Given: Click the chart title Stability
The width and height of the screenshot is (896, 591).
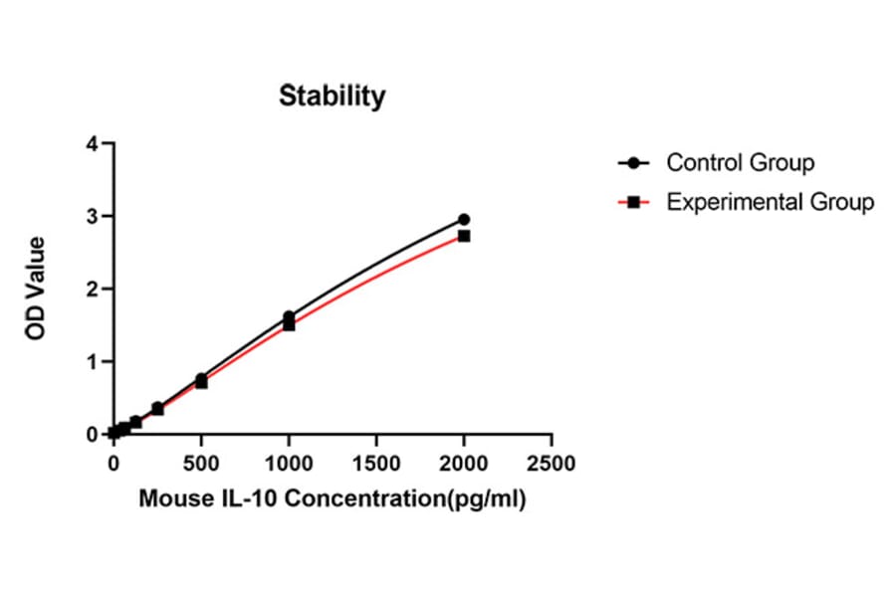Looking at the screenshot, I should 332,97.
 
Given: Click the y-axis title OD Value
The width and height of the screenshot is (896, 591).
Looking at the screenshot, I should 37,289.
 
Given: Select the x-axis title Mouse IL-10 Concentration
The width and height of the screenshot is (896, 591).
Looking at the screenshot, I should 332,498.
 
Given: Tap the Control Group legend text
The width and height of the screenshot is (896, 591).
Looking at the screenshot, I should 740,162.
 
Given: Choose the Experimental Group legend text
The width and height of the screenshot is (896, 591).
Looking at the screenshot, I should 770,202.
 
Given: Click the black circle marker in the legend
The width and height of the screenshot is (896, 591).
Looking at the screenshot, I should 633,163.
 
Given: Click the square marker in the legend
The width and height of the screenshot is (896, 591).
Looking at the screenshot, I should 633,203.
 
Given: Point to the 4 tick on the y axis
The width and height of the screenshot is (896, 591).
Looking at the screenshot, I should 93,144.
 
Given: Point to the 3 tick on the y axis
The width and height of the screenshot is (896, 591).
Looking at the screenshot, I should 93,217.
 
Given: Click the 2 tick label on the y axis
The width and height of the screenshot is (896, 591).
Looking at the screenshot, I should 93,290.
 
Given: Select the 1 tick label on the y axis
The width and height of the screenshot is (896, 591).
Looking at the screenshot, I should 93,362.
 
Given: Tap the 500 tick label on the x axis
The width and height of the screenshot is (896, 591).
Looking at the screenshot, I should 201,464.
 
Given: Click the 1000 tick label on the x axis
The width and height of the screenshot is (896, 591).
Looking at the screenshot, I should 289,464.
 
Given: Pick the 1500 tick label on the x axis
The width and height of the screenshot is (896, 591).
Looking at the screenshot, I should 376,464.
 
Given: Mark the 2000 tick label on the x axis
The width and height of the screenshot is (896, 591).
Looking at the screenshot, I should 464,464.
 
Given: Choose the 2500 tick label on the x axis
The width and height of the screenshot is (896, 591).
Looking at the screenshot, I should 552,464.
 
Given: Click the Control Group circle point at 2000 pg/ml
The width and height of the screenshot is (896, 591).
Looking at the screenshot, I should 464,219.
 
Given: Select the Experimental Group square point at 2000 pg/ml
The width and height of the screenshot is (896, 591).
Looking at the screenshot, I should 464,236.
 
